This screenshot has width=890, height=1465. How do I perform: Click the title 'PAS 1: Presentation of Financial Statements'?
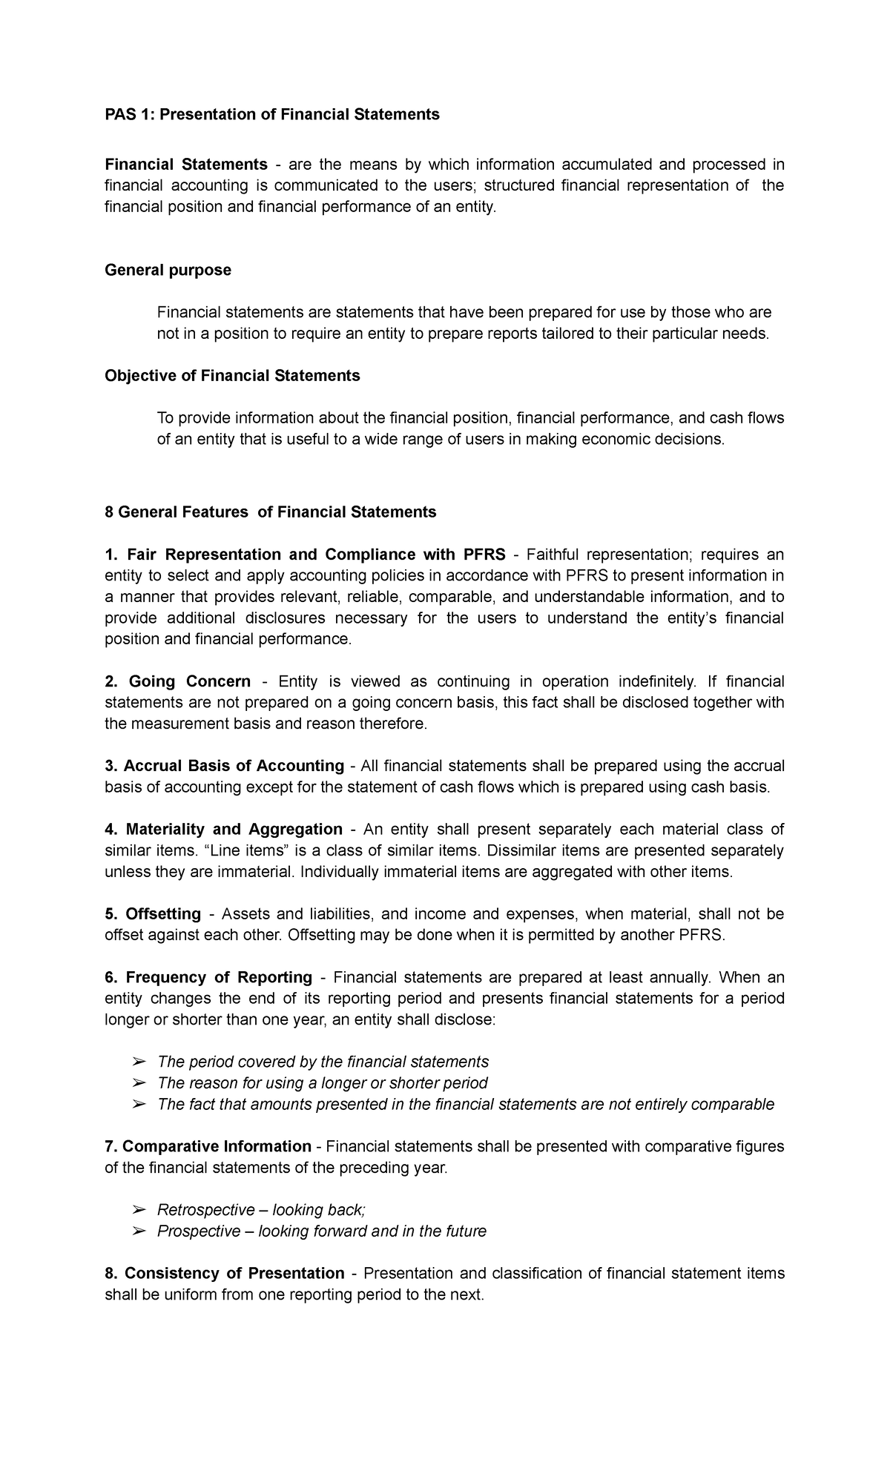coord(271,114)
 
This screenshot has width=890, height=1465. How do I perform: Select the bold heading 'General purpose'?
coord(168,270)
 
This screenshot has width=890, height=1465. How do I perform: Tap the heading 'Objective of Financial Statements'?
coord(232,376)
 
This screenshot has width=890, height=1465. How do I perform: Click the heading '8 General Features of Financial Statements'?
coord(271,512)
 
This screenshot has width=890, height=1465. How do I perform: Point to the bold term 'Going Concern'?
coord(189,681)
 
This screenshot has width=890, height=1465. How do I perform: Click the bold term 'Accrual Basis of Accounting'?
coord(234,766)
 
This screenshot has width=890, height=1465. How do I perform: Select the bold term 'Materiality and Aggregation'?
coord(234,829)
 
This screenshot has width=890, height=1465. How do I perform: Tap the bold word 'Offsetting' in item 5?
coord(163,913)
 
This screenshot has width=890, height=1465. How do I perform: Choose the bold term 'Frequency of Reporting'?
coord(219,977)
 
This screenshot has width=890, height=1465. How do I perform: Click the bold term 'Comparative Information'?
coord(217,1147)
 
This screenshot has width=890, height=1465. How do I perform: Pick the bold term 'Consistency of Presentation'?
coord(234,1274)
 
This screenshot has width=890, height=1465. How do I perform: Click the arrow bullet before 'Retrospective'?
coord(138,1211)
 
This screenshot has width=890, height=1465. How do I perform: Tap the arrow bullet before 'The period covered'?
coord(138,1062)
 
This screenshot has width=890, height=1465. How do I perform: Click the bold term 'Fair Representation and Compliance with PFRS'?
coord(316,555)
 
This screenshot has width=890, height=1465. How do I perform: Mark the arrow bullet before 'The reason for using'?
coord(138,1083)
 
